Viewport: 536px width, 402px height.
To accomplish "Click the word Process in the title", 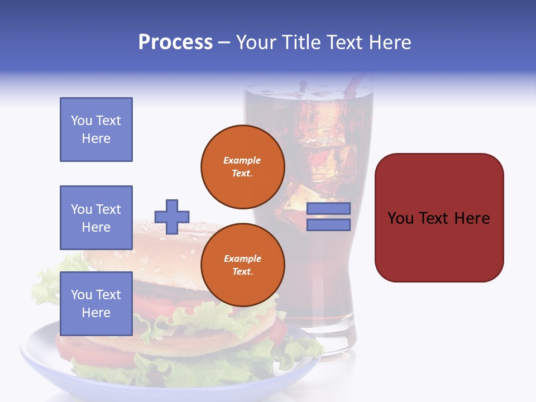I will [x=175, y=42].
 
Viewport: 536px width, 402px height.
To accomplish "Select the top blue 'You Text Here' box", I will [x=96, y=130].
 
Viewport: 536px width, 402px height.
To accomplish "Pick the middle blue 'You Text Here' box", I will [x=96, y=218].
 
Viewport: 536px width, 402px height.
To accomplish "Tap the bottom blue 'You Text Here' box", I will [x=96, y=303].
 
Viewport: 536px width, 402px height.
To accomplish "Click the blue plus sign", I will [x=172, y=217].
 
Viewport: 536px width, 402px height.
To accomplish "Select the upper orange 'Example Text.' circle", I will [x=242, y=167].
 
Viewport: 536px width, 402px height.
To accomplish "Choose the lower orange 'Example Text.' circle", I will [x=242, y=265].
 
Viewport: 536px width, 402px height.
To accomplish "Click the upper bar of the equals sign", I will [x=328, y=208].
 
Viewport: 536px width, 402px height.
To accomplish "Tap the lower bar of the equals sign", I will [x=328, y=224].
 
